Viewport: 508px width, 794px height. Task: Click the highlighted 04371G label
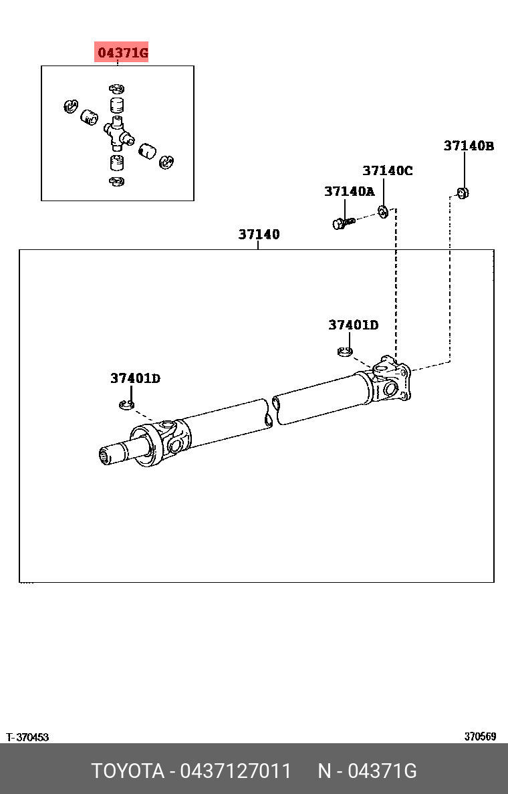click(x=122, y=52)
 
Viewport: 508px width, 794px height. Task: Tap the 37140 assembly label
click(x=259, y=235)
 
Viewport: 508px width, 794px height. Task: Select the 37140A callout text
click(x=350, y=191)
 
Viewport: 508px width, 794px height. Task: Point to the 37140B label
click(x=469, y=146)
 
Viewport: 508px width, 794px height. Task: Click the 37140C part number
click(x=388, y=170)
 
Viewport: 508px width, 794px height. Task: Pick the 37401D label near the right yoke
click(x=354, y=325)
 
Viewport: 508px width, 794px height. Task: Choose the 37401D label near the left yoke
click(x=135, y=378)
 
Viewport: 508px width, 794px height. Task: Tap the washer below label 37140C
click(x=384, y=212)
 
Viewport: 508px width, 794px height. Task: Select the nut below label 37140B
click(x=463, y=193)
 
